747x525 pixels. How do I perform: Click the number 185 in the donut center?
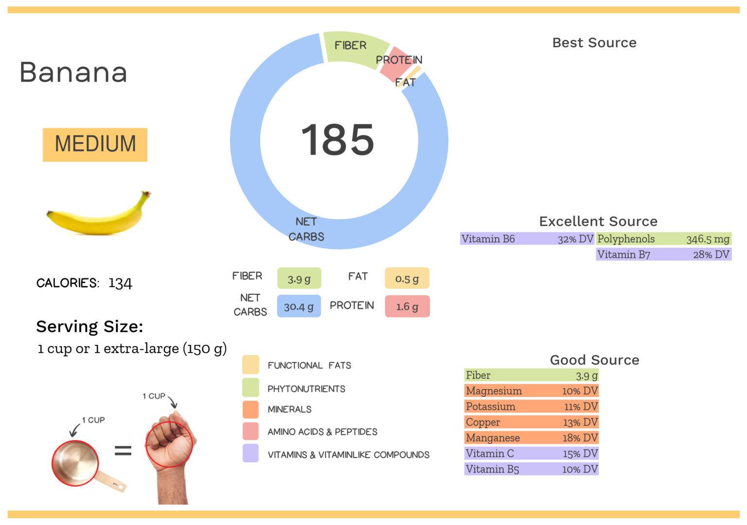(x=338, y=140)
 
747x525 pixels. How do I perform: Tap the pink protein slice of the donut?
(x=395, y=63)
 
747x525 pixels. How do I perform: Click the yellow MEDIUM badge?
(x=95, y=144)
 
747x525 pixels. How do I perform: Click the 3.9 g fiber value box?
(x=299, y=278)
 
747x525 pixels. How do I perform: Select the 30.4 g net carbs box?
(x=299, y=306)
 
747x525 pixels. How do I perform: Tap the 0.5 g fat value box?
(x=407, y=278)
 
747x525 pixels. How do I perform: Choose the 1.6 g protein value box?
(x=407, y=306)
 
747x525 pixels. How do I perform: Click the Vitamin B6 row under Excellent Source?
(x=527, y=239)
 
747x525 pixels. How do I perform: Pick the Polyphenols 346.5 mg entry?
(x=663, y=239)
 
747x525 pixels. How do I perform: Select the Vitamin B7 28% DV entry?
(x=663, y=254)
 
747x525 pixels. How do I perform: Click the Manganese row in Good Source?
(x=531, y=438)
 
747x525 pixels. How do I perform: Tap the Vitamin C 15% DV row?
(x=531, y=454)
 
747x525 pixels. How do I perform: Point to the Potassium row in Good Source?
(x=531, y=406)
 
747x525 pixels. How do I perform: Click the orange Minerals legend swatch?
(x=250, y=409)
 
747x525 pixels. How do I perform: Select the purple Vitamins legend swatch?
(x=250, y=454)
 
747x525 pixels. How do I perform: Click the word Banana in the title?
(x=73, y=72)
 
